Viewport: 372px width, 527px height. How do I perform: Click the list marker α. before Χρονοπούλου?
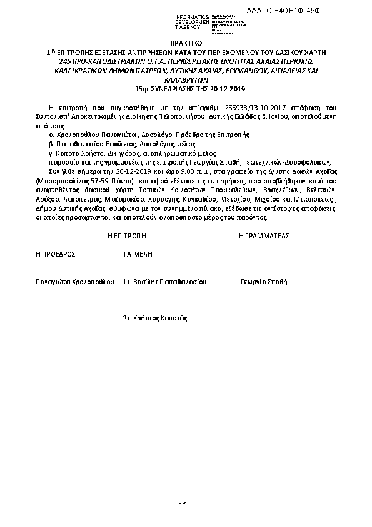coord(51,134)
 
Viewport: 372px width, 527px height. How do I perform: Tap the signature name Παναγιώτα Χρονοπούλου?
coord(75,282)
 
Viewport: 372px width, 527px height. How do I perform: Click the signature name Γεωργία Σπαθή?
coord(264,282)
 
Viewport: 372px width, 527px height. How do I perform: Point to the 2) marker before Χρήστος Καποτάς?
coord(126,318)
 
